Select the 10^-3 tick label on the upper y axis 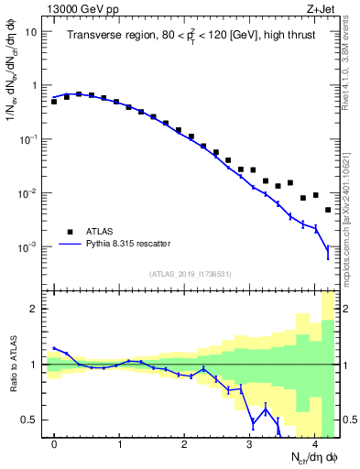(x=30, y=247)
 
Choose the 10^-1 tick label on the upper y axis (x=30, y=139)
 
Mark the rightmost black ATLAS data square (x=328, y=210)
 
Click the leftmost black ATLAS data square (x=54, y=102)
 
